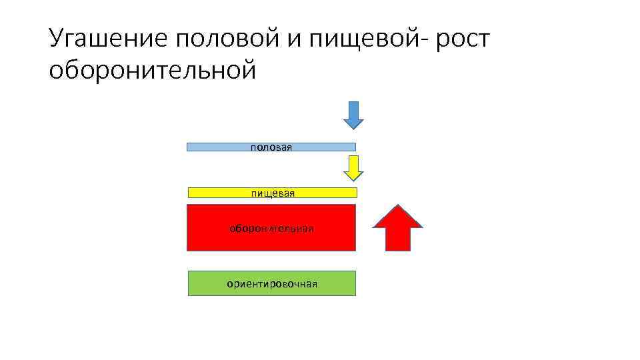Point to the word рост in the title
point(464,41)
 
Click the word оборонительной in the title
point(152,70)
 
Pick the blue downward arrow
point(353,114)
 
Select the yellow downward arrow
point(353,167)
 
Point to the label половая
point(271,147)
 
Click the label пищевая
point(273,193)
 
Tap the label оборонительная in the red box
point(271,229)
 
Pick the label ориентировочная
point(272,284)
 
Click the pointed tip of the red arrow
point(397,205)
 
